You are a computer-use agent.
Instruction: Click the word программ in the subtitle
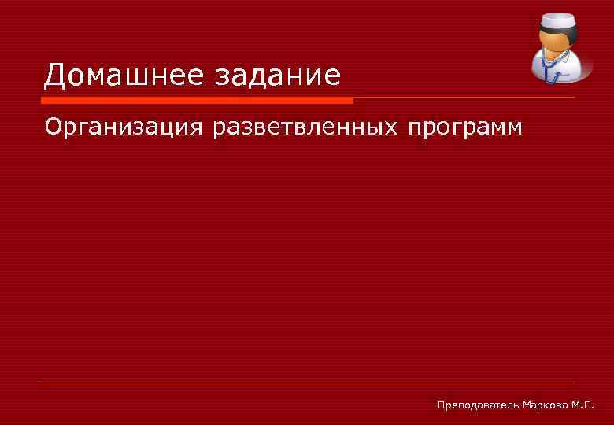(465, 127)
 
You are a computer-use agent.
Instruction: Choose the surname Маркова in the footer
(546, 405)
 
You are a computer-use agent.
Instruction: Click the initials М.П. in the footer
(584, 405)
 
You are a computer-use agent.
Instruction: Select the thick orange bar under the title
(197, 101)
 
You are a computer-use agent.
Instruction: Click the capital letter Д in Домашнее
(55, 76)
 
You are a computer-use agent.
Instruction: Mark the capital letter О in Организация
(54, 126)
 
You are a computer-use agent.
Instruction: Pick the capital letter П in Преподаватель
(442, 405)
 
